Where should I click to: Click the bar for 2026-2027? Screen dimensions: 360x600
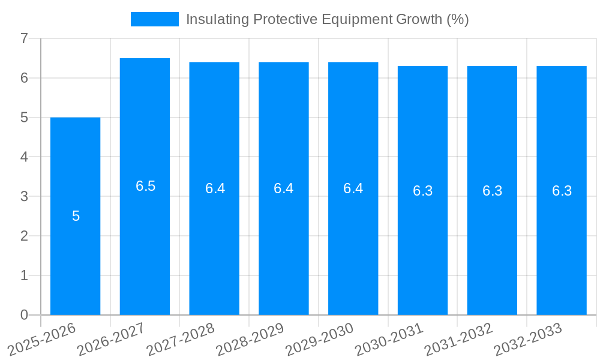point(145,240)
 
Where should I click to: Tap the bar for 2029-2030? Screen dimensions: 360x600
point(353,240)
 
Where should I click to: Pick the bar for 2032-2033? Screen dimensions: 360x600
point(562,240)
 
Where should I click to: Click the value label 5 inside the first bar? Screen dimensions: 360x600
point(76,216)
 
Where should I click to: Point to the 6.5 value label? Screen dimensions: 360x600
point(145,186)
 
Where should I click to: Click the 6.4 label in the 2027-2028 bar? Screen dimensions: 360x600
point(215,188)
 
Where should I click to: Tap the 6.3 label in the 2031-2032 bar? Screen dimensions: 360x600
point(492,191)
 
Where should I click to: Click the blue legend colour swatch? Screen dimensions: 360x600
point(155,19)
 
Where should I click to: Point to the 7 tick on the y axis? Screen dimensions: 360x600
point(24,38)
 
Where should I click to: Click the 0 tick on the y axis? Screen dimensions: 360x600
point(24,315)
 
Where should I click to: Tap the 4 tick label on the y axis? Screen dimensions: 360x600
point(24,157)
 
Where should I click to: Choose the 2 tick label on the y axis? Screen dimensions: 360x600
point(24,236)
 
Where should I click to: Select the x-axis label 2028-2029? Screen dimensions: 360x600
point(251,338)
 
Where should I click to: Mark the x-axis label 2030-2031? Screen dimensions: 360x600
point(390,338)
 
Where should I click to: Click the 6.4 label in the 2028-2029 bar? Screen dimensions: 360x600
point(283,188)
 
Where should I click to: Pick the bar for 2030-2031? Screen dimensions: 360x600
point(422,240)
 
